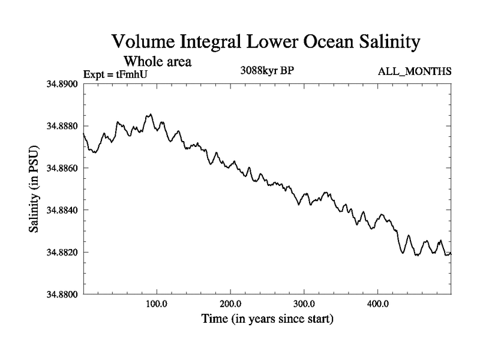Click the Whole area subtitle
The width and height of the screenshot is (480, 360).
[157, 61]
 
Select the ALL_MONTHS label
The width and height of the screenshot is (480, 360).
[415, 72]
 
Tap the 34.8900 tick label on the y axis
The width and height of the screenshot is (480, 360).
[62, 84]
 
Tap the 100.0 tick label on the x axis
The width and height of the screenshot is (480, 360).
[157, 304]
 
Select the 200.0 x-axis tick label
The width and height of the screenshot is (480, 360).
[230, 304]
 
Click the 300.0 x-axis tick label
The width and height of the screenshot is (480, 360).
[304, 304]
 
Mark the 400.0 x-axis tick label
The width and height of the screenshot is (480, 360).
[377, 304]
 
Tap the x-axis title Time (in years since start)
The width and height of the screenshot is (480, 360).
[267, 319]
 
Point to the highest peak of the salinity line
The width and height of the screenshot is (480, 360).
[150, 114]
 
